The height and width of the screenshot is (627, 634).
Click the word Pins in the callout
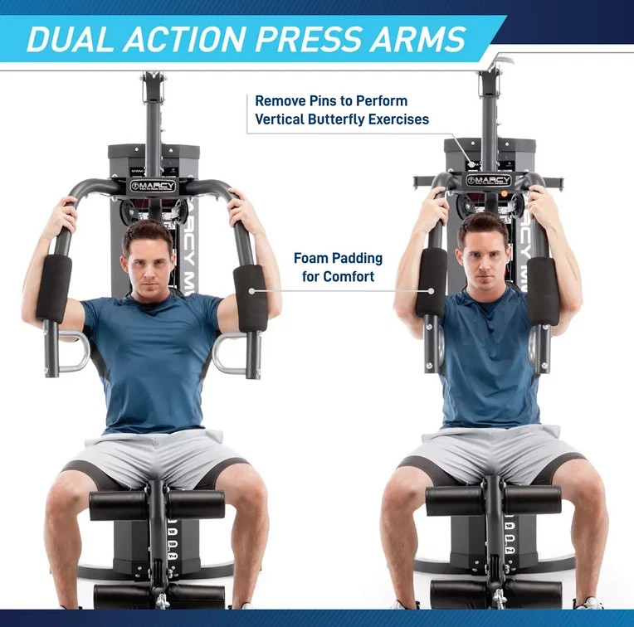coord(323,100)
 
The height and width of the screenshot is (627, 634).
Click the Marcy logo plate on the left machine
coord(154,186)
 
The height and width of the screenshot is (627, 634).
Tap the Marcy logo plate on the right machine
coord(489,180)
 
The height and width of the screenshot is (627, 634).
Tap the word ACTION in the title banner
coord(183,39)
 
